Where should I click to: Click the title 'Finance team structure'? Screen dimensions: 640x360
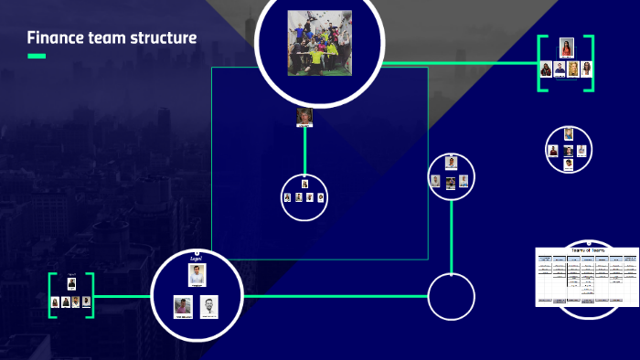(111, 37)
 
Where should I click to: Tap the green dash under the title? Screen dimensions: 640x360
(37, 57)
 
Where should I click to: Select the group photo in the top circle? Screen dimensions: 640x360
(320, 43)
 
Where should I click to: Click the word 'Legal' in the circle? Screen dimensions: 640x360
(196, 259)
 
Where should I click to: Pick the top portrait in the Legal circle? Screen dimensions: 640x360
(197, 275)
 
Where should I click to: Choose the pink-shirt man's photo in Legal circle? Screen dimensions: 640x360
(183, 306)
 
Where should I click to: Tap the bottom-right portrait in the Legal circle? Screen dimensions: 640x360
(211, 306)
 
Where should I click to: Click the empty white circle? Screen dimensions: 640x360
(452, 296)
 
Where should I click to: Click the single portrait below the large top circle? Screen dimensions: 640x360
(304, 117)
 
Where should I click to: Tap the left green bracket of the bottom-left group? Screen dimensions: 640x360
(52, 295)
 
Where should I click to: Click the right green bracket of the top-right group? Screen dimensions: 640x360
(590, 63)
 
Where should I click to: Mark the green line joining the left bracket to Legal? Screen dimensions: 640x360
(122, 296)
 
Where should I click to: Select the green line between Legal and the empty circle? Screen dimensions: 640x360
(335, 296)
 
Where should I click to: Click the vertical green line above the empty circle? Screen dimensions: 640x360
(452, 234)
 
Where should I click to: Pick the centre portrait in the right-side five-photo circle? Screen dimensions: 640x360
(568, 149)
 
